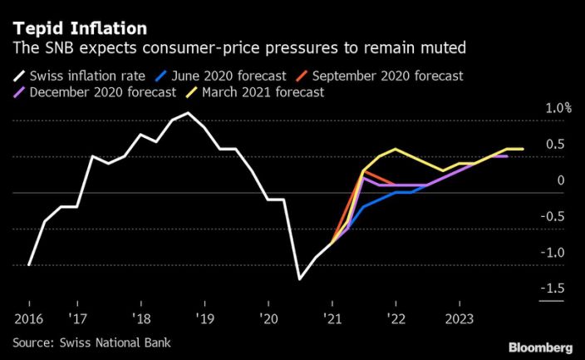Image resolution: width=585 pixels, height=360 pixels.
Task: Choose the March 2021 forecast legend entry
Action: (x=258, y=91)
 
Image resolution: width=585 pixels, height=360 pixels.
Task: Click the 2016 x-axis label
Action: (x=28, y=318)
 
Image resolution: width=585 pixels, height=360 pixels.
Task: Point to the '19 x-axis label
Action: (x=204, y=318)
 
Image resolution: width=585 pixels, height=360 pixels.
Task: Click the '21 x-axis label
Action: (x=332, y=318)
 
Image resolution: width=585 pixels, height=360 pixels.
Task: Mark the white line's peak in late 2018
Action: (x=188, y=113)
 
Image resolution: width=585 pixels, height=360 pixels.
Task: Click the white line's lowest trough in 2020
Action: (x=299, y=279)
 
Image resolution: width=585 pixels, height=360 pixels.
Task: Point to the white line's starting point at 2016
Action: (x=28, y=265)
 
